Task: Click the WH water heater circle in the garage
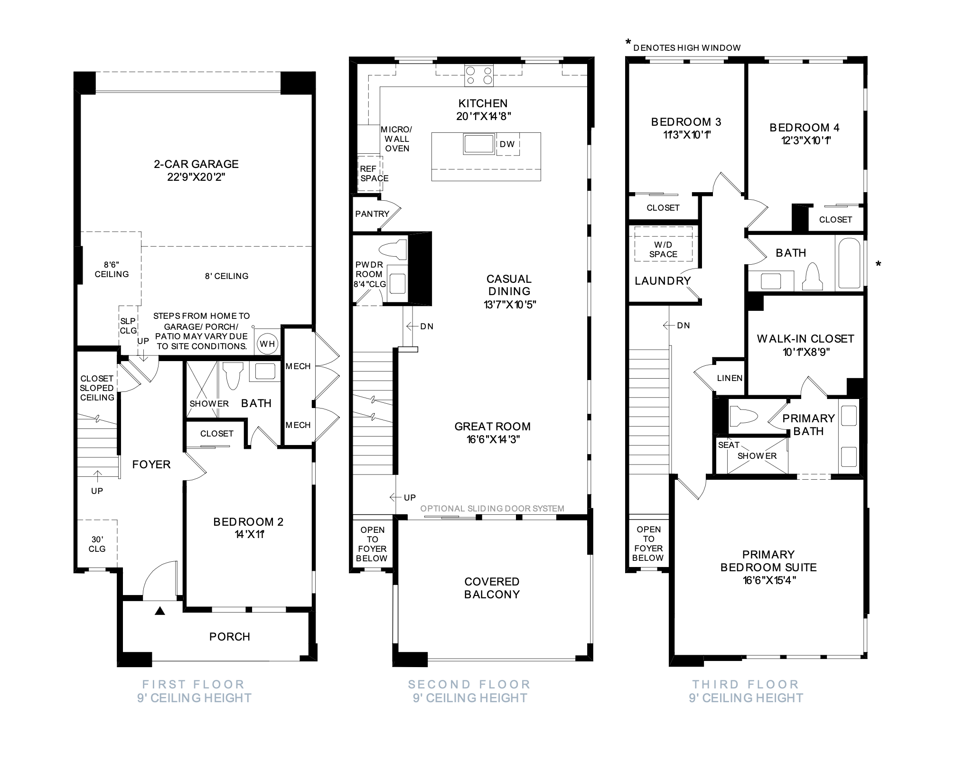267,344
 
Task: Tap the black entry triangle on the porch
160,611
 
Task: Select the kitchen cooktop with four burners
479,75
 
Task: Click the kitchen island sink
479,144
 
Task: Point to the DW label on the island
507,144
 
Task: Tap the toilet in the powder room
395,250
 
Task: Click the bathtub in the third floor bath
849,263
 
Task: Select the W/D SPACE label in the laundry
663,250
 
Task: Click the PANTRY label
372,214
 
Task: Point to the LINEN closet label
730,378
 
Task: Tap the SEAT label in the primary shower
729,445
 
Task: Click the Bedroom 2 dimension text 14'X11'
249,534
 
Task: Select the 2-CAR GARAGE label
196,164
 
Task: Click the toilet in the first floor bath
233,376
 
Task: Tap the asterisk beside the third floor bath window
878,264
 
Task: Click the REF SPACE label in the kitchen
374,174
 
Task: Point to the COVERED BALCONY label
492,588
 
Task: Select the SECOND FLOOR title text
469,684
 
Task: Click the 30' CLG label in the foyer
97,544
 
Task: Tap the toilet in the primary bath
743,416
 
